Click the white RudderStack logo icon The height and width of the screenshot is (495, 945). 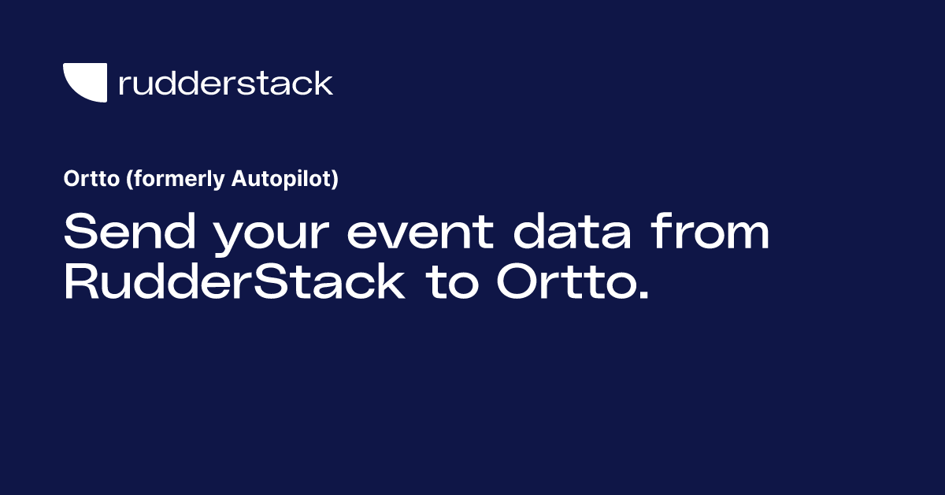tap(84, 81)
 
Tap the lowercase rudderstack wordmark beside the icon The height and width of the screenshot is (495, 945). tap(225, 83)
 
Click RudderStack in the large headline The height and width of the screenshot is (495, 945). tap(234, 283)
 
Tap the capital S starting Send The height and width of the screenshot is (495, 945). tap(80, 233)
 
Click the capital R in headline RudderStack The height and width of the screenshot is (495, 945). tap(80, 283)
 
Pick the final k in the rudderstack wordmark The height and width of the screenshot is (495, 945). tap(324, 82)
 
